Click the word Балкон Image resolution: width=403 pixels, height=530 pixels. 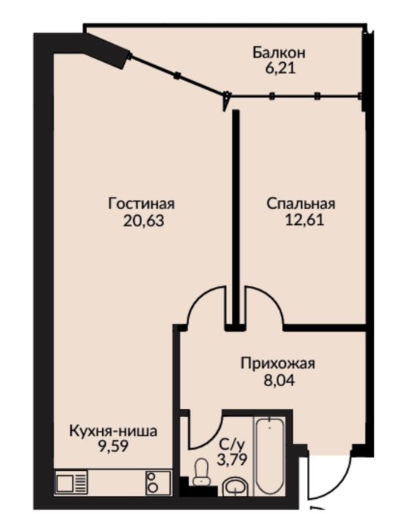coord(279,53)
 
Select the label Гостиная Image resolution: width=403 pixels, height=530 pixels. coord(141,204)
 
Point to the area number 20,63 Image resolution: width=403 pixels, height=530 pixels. coord(144,221)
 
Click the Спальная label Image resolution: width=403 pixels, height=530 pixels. coord(301,204)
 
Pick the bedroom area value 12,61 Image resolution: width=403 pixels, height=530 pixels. coord(305,220)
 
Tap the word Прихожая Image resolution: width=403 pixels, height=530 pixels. coord(277,364)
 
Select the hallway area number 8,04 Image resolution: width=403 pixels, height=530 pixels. coord(279,381)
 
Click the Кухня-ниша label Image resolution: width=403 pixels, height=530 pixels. coord(113,432)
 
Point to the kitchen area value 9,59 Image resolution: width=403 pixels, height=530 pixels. coord(113,447)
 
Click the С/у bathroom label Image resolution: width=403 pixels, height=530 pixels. coord(231,444)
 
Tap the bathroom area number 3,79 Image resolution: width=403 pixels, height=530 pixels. coord(233,460)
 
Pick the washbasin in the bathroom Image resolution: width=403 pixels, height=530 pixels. coord(235,488)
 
